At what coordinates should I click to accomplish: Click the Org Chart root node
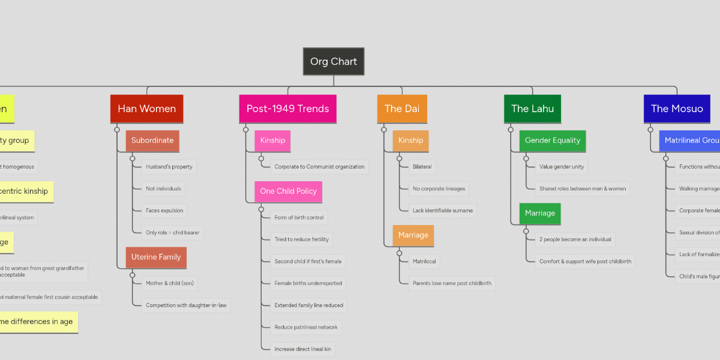[334, 61]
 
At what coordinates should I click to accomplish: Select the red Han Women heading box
[146, 109]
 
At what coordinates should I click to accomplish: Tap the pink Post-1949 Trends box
[287, 109]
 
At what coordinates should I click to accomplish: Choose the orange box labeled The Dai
[401, 109]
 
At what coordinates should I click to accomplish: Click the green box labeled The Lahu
[532, 109]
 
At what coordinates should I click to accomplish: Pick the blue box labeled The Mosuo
[677, 109]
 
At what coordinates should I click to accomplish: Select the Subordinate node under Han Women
[152, 140]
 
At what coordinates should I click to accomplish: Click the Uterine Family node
[156, 257]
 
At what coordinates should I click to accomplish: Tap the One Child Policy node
[288, 191]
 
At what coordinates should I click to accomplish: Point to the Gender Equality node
[552, 140]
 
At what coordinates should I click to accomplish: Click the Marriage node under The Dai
[413, 235]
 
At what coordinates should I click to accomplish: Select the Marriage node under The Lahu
[539, 213]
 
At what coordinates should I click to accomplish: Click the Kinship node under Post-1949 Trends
[272, 140]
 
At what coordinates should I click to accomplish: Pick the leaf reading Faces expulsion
[164, 211]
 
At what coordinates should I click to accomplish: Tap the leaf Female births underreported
[308, 283]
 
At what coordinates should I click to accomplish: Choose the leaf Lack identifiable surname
[443, 211]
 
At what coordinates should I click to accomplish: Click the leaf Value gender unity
[561, 167]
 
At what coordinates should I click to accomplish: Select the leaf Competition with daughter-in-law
[186, 305]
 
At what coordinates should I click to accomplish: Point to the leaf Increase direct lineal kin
[302, 349]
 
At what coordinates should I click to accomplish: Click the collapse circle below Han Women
[117, 130]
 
